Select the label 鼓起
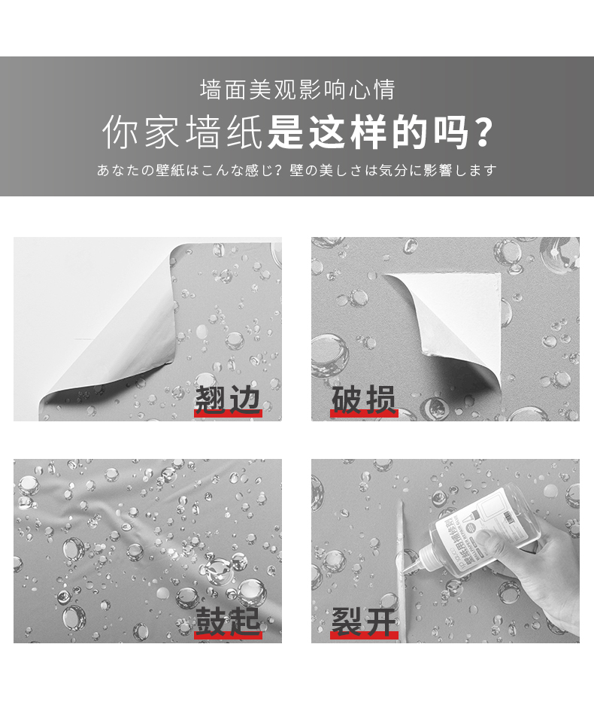coord(228,621)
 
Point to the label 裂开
coord(364,621)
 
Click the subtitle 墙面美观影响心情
coord(297,90)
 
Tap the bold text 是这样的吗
coord(368,132)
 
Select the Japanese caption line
coord(297,170)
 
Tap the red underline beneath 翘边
coord(228,413)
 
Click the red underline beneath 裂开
coord(364,635)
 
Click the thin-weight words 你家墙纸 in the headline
coord(182,132)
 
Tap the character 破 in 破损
coord(347,400)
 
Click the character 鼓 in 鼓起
coord(211,621)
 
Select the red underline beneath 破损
coord(364,413)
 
